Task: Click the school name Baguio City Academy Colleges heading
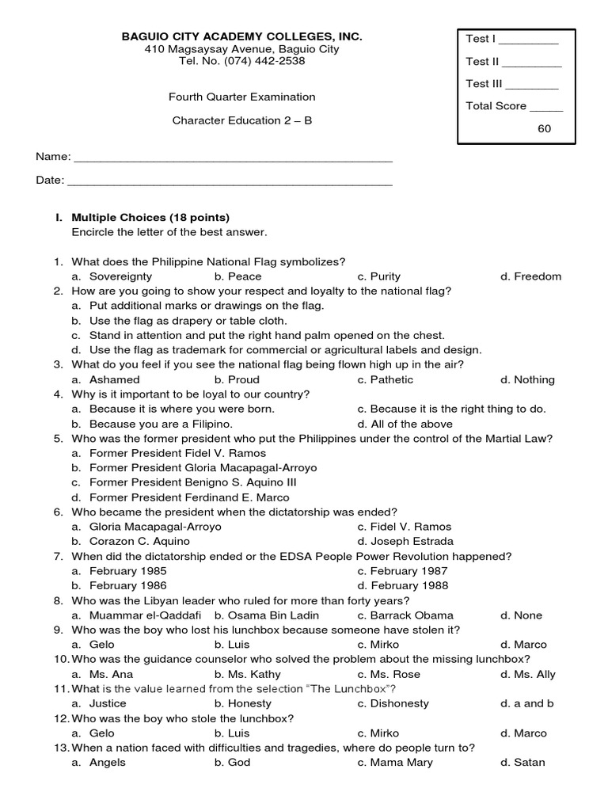pyautogui.click(x=241, y=36)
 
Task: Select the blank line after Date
pyautogui.click(x=230, y=181)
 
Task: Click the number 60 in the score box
pyautogui.click(x=544, y=128)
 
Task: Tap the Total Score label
pyautogui.click(x=496, y=105)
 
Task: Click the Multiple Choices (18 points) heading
pyautogui.click(x=150, y=217)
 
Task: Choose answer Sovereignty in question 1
pyautogui.click(x=120, y=276)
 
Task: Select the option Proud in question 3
pyautogui.click(x=243, y=379)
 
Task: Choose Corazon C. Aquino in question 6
pyautogui.click(x=139, y=541)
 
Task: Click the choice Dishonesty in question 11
pyautogui.click(x=399, y=703)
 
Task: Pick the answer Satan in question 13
pyautogui.click(x=529, y=762)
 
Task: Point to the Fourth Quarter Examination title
pyautogui.click(x=241, y=97)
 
